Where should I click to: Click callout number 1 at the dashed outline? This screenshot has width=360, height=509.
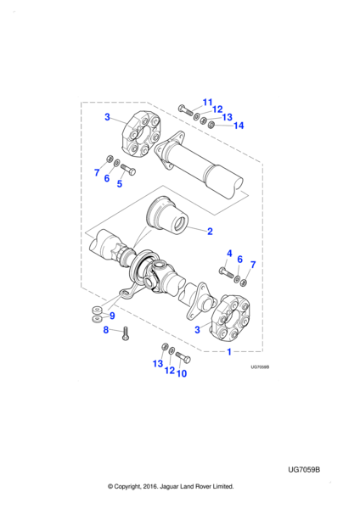click(229, 352)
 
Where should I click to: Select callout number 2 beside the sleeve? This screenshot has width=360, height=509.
click(210, 232)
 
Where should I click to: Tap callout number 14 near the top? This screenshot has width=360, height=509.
click(239, 126)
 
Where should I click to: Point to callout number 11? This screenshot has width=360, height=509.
click(208, 103)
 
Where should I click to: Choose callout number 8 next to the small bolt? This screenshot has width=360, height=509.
click(106, 330)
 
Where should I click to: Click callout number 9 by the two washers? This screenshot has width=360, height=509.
click(112, 316)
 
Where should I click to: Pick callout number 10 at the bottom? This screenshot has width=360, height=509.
click(182, 373)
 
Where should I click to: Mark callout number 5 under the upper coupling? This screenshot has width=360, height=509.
click(120, 184)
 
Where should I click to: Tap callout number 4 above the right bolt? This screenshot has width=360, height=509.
click(229, 254)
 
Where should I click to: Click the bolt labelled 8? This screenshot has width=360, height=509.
click(126, 333)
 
